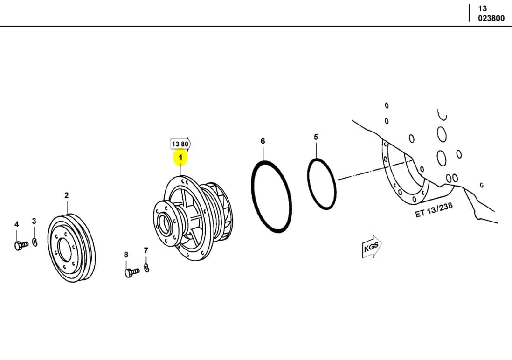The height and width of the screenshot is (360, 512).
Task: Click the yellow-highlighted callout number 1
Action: click(180, 158)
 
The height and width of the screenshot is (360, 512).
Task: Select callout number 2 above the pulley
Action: click(66, 195)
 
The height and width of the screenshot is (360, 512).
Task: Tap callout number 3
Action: click(34, 221)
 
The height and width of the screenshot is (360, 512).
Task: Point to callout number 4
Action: click(17, 224)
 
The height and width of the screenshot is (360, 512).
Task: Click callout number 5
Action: click(316, 137)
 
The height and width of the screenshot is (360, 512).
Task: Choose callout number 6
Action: click(263, 141)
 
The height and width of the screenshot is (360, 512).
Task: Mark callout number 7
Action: click(146, 251)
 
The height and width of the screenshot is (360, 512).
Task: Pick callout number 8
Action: click(126, 255)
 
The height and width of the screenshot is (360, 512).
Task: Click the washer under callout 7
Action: click(147, 268)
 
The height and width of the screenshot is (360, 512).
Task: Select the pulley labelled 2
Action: click(72, 248)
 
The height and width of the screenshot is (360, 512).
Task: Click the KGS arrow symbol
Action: click(372, 248)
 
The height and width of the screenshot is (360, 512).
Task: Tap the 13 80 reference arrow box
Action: click(180, 144)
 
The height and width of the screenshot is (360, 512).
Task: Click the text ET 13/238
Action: click(433, 210)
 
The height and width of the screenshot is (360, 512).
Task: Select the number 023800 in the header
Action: click(491, 19)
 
